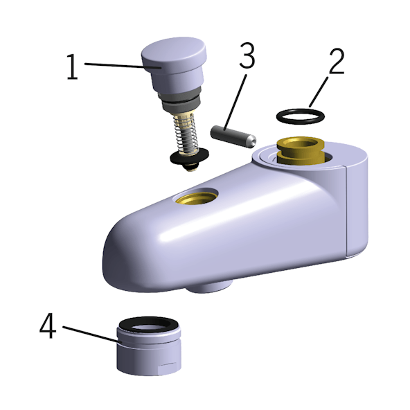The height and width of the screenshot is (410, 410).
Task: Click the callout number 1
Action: (x=73, y=67)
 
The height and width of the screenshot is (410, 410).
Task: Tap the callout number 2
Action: (x=337, y=61)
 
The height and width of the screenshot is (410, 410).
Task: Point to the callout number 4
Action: (x=48, y=326)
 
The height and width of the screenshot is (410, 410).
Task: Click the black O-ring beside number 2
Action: (x=301, y=122)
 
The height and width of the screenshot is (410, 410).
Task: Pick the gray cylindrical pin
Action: (x=233, y=136)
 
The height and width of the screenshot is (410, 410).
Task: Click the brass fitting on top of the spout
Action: (x=301, y=151)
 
